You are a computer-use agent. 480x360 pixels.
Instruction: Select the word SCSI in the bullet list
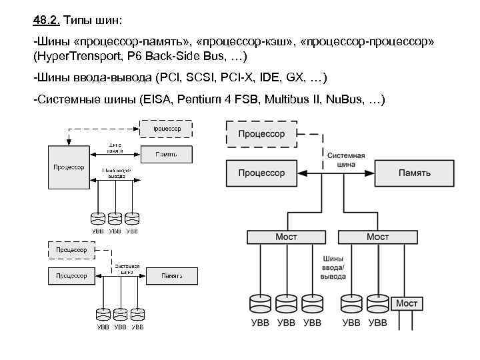202,77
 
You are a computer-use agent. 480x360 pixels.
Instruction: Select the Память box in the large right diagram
414,173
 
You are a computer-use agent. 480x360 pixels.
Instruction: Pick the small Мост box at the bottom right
407,303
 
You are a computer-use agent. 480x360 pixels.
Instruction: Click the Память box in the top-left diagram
166,153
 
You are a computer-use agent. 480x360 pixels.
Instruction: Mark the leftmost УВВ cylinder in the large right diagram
260,303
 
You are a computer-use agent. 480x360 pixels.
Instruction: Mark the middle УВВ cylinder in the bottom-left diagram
120,313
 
